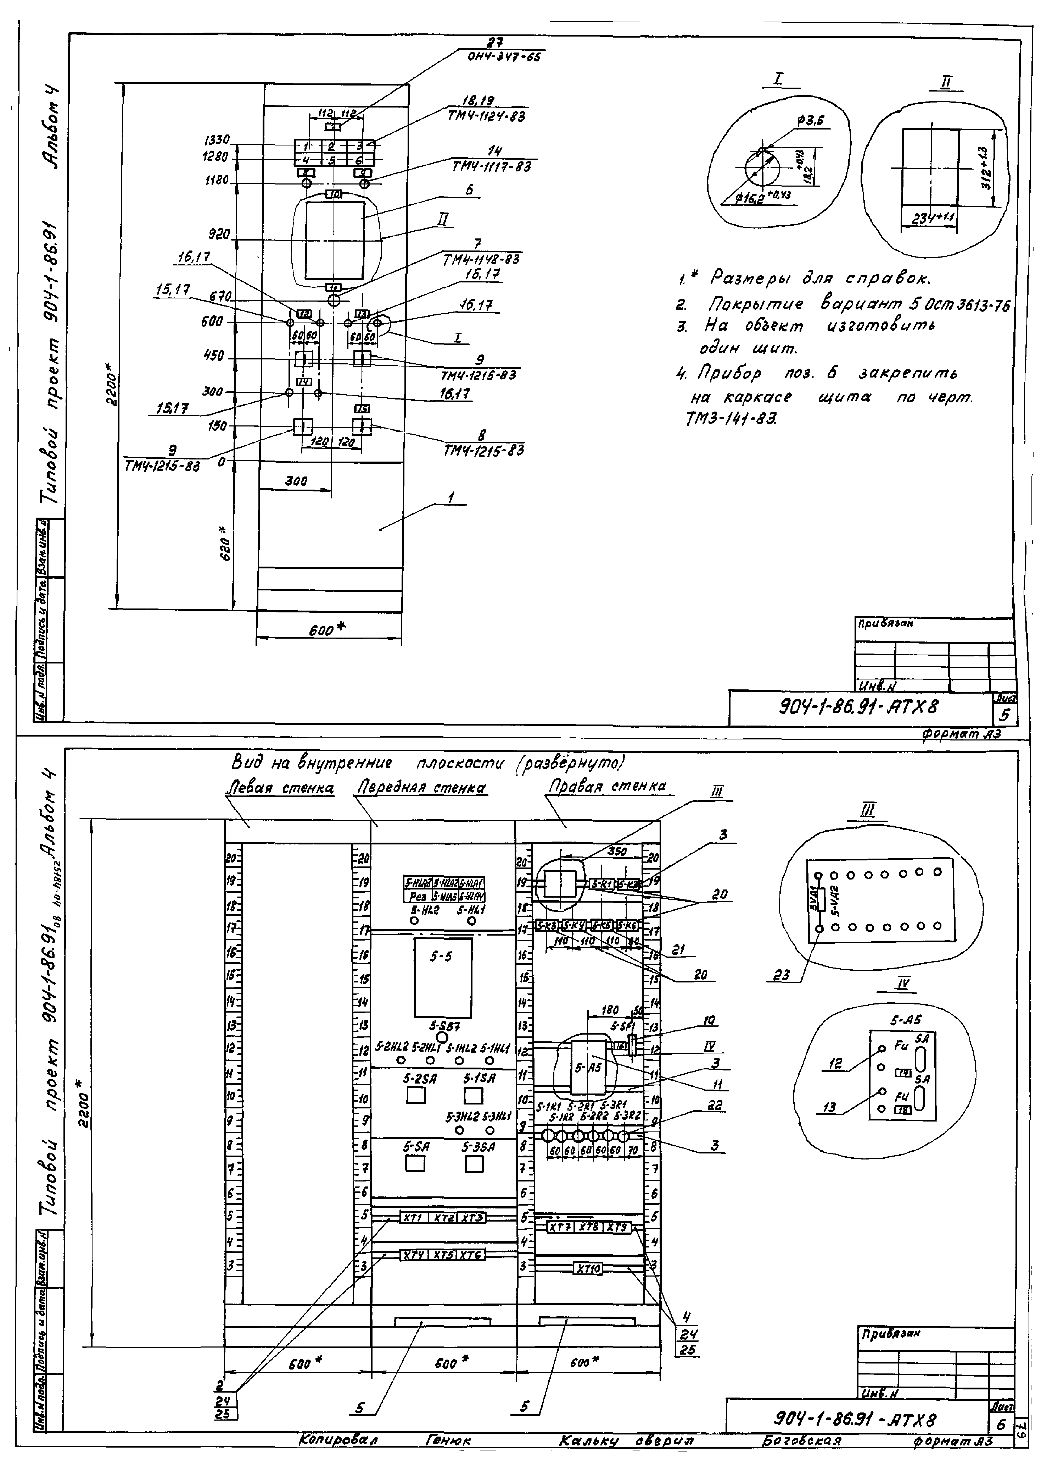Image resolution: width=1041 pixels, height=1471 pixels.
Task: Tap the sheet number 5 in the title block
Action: pos(1004,714)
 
